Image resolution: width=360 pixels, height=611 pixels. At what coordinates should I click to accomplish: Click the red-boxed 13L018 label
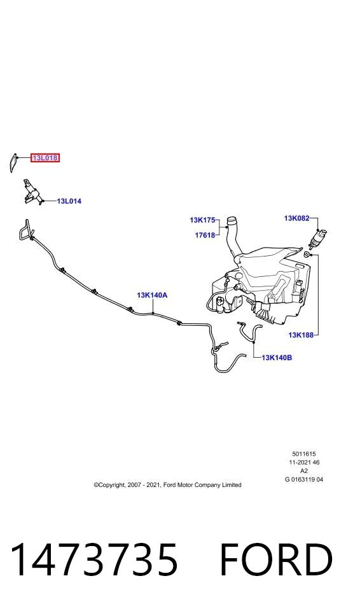click(x=45, y=158)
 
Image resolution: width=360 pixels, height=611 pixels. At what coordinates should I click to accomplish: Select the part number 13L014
click(x=69, y=201)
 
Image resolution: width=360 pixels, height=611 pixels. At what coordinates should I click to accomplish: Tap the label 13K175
click(x=203, y=220)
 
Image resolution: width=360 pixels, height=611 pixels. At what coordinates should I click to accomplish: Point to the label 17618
click(x=205, y=235)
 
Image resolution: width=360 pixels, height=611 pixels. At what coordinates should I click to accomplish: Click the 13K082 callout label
click(x=297, y=218)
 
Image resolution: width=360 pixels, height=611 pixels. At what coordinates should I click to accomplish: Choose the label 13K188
click(x=301, y=335)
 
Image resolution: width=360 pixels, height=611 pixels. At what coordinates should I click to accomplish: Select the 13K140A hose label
click(x=152, y=295)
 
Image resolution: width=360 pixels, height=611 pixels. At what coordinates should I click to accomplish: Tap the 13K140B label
click(x=277, y=357)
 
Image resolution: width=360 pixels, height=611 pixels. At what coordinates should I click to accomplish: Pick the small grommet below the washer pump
click(x=307, y=255)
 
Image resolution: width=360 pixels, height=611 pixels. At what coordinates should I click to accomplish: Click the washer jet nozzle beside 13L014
click(x=32, y=191)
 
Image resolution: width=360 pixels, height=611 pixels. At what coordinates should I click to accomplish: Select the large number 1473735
click(x=94, y=560)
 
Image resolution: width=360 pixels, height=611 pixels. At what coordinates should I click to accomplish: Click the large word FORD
click(x=277, y=560)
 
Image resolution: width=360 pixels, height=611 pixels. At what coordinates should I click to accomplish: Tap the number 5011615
click(x=304, y=454)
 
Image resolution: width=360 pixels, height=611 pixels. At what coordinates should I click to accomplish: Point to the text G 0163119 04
click(x=304, y=480)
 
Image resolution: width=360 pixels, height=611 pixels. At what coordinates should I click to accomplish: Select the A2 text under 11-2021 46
click(x=304, y=471)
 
